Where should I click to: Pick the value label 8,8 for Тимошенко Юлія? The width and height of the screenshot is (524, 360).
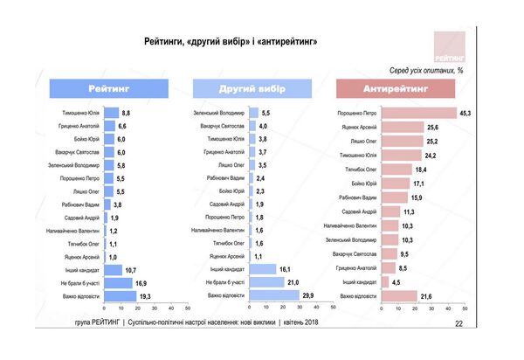(x=126, y=114)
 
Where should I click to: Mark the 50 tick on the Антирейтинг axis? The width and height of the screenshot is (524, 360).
(x=465, y=308)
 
